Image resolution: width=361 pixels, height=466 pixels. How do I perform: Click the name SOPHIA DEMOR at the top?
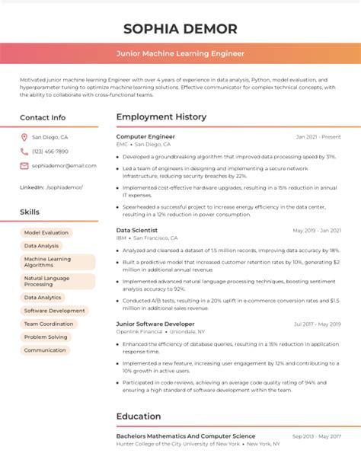180,29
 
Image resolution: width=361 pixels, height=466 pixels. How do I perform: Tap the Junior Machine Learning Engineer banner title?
180,54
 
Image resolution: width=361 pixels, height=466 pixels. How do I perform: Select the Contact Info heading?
43,118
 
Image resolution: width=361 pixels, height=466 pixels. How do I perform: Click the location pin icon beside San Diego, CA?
24,138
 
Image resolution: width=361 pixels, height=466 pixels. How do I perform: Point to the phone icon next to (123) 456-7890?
24,152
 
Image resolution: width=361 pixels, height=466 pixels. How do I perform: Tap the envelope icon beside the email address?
24,165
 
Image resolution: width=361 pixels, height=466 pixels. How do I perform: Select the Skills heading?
30,211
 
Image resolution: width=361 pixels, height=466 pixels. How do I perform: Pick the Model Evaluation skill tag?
46,232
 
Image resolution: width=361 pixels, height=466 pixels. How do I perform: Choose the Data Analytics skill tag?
43,298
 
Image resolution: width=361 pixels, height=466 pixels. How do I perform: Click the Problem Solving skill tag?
45,337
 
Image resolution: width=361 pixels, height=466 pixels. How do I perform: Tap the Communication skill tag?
45,350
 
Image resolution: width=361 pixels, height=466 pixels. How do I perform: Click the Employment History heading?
161,117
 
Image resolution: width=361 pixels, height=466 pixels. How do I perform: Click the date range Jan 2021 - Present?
320,137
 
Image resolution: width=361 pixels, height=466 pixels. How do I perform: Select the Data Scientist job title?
137,229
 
